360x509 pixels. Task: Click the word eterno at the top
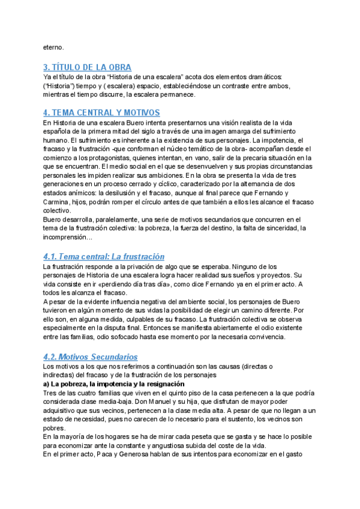point(52,47)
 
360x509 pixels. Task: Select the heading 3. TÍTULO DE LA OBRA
point(87,67)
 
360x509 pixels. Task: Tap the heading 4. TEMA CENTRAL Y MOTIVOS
point(100,112)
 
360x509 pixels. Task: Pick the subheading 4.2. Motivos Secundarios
point(90,357)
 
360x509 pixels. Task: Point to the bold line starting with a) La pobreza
point(113,384)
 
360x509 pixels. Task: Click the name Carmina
point(56,202)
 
